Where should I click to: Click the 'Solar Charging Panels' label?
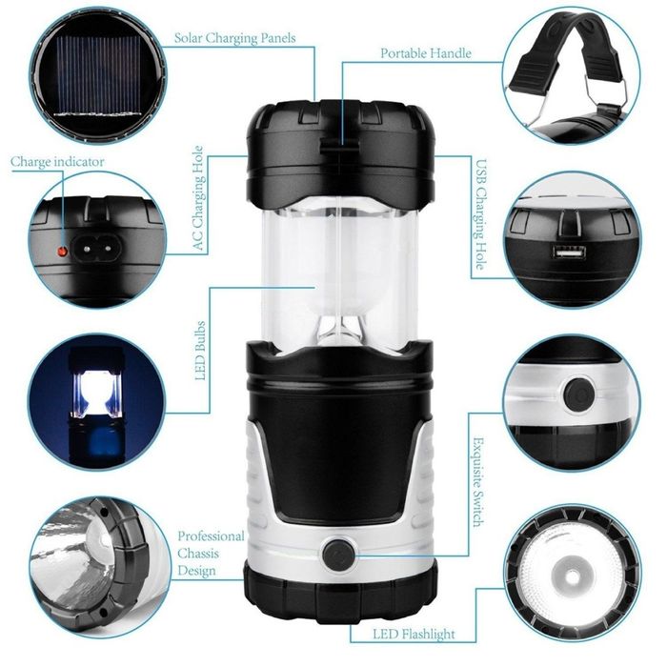click(x=234, y=38)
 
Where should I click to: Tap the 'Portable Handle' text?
click(x=426, y=53)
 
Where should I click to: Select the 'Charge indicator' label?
click(x=57, y=162)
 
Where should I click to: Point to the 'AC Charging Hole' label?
click(x=198, y=198)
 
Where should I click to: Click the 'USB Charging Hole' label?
click(x=480, y=214)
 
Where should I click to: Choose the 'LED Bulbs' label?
click(x=200, y=351)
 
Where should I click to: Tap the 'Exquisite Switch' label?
click(x=478, y=482)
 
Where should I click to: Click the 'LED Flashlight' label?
click(x=414, y=635)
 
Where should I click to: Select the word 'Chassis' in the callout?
click(x=198, y=554)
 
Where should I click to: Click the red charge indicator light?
click(x=63, y=252)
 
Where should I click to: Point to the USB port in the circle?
click(x=569, y=253)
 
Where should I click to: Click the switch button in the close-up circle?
click(x=579, y=395)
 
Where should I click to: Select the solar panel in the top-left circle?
click(x=98, y=75)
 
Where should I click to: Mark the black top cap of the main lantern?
click(x=340, y=151)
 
